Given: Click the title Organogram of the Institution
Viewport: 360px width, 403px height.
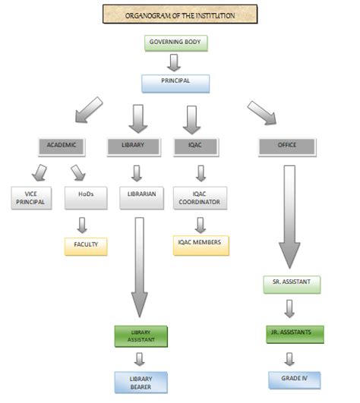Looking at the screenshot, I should (x=180, y=14).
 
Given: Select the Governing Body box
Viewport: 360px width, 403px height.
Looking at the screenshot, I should (x=175, y=43).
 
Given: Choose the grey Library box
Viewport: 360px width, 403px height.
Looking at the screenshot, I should (x=137, y=144).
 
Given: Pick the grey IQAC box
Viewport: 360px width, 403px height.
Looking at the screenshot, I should (x=199, y=144).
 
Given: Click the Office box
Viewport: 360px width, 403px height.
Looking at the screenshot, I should (x=287, y=144).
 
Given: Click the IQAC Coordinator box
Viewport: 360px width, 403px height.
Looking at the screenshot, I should (x=200, y=198).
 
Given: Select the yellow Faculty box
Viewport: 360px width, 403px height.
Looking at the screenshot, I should (x=86, y=246).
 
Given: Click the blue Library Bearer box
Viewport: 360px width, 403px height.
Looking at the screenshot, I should (x=140, y=381).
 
